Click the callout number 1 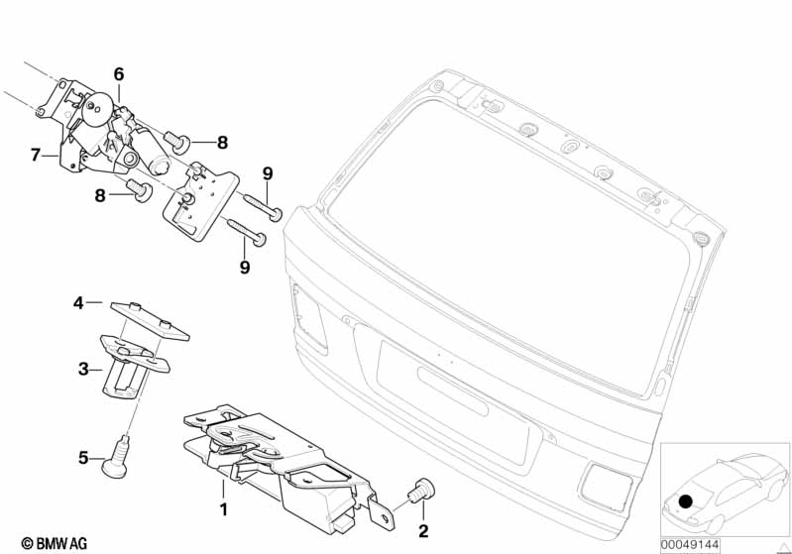[224, 510]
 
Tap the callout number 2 [423, 531]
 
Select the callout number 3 [84, 369]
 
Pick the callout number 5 [84, 458]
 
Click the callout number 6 [119, 73]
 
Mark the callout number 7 [36, 155]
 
